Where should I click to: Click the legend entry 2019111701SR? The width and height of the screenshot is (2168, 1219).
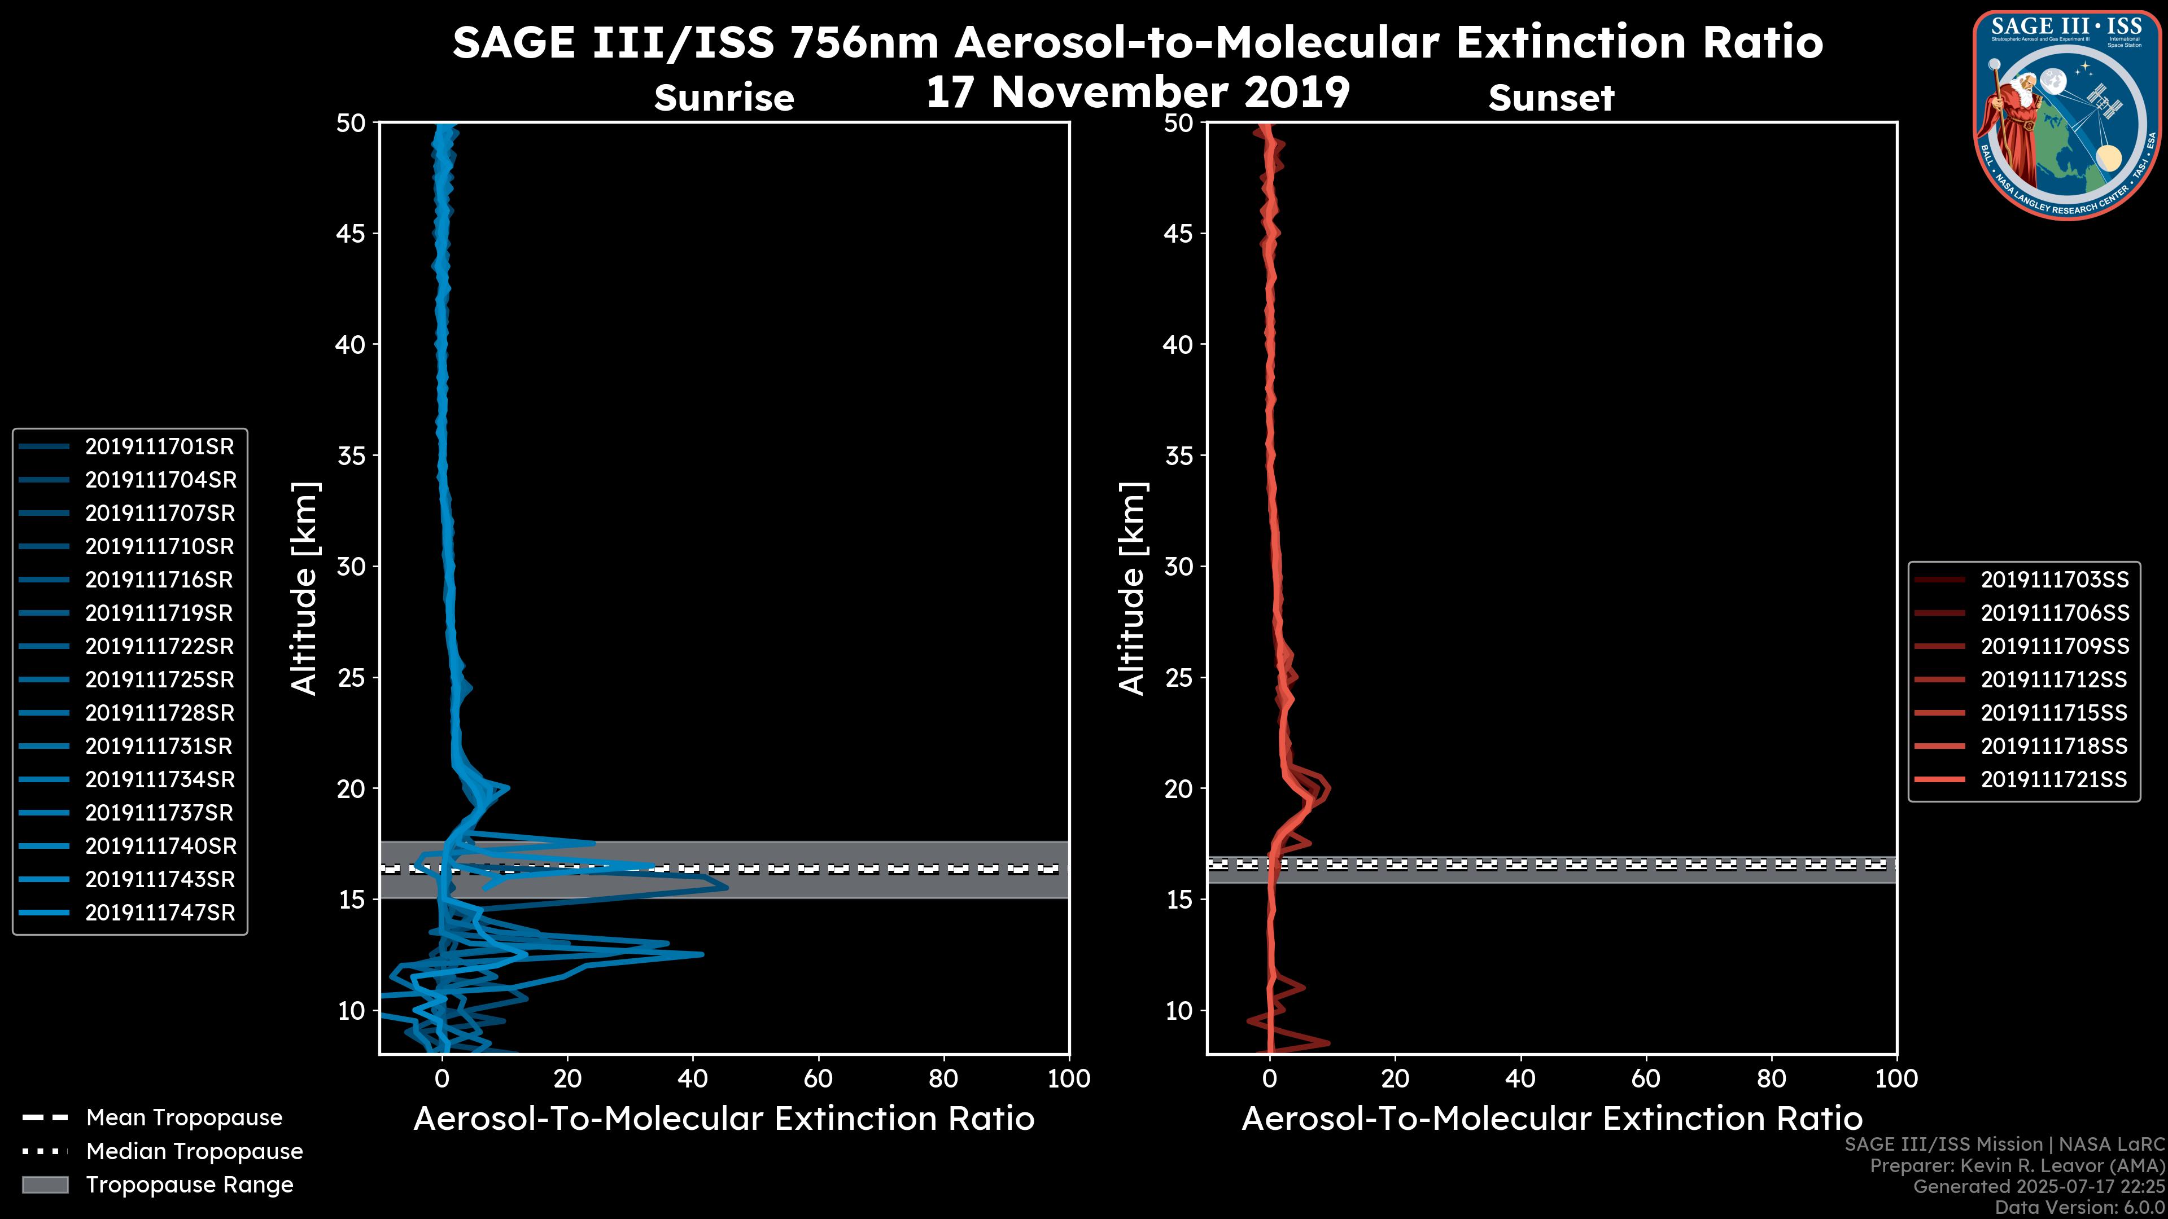tap(159, 447)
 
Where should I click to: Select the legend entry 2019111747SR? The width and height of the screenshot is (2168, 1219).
tap(160, 913)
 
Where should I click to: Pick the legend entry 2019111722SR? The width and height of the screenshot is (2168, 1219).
tap(159, 646)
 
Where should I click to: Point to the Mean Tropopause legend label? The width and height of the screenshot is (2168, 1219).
tap(184, 1117)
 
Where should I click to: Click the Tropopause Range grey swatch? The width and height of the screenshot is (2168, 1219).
tap(45, 1185)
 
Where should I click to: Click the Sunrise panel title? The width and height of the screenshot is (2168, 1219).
tap(724, 98)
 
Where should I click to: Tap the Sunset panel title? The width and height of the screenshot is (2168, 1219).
tap(1551, 98)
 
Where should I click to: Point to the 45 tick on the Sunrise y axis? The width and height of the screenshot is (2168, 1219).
tap(351, 233)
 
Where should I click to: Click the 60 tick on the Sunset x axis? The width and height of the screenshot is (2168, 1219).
tap(1645, 1078)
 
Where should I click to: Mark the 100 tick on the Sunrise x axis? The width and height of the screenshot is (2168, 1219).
tap(1069, 1078)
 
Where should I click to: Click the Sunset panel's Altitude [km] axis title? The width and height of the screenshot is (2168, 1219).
tap(1133, 588)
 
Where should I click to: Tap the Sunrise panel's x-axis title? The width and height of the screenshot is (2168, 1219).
tap(724, 1119)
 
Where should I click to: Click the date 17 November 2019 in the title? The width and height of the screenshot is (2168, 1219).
tap(1138, 93)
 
